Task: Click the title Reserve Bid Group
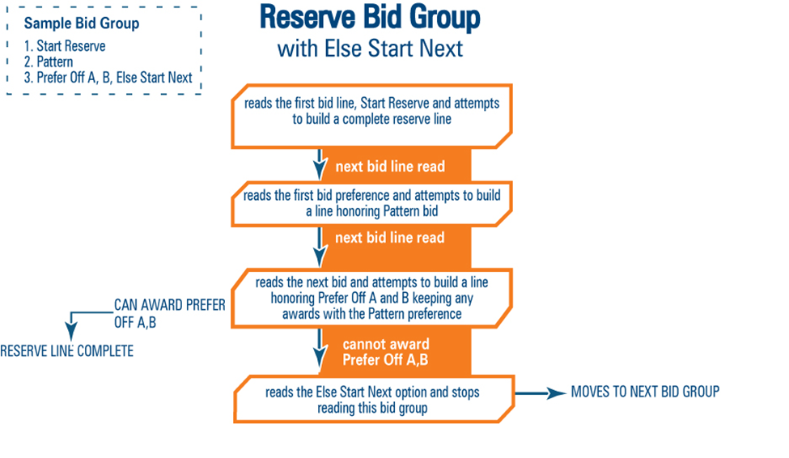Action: [x=370, y=18]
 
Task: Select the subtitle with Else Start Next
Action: [x=370, y=48]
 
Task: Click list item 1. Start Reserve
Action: [x=70, y=46]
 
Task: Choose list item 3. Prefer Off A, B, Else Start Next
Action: [x=108, y=78]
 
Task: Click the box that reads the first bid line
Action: [x=371, y=112]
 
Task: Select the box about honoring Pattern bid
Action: [x=371, y=204]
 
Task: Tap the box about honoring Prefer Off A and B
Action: [x=371, y=298]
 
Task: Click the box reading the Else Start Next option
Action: [x=372, y=399]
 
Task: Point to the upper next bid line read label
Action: [x=390, y=167]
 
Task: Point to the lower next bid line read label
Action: [x=390, y=238]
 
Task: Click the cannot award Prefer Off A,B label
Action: [x=385, y=352]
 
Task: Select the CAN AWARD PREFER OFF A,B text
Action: [x=168, y=314]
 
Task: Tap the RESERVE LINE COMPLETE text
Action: [x=66, y=351]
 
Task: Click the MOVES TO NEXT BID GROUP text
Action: [x=644, y=392]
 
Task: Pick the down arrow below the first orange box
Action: [x=320, y=164]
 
